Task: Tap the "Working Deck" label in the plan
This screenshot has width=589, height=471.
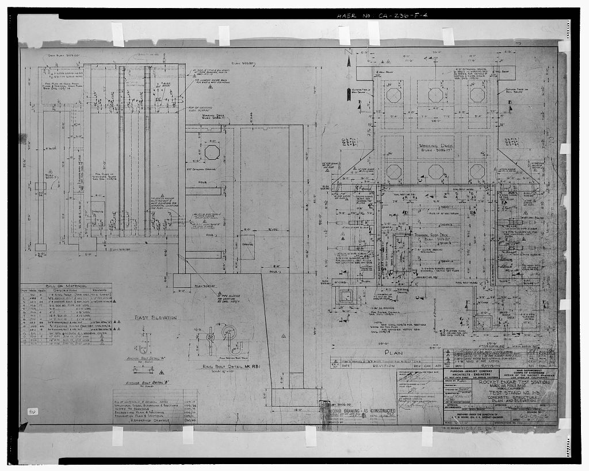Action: click(x=435, y=147)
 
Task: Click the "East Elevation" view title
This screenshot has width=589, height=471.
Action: click(x=156, y=317)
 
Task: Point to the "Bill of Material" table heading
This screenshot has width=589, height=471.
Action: click(x=68, y=285)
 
